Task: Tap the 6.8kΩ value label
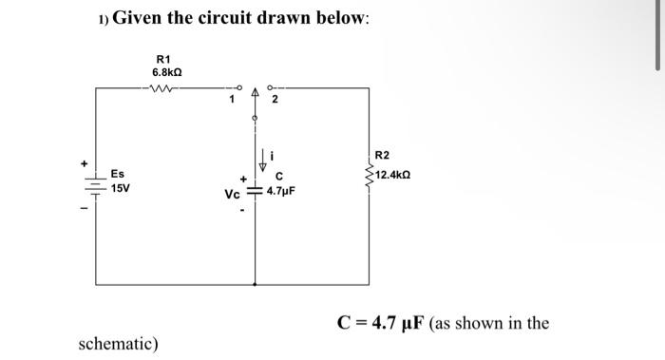(167, 72)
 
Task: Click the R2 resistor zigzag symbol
(369, 176)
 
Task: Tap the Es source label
(117, 174)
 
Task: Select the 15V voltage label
(121, 189)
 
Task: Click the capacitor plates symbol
(255, 191)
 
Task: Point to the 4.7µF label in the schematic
(281, 191)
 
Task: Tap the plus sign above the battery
(85, 163)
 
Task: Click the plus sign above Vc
(242, 178)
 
